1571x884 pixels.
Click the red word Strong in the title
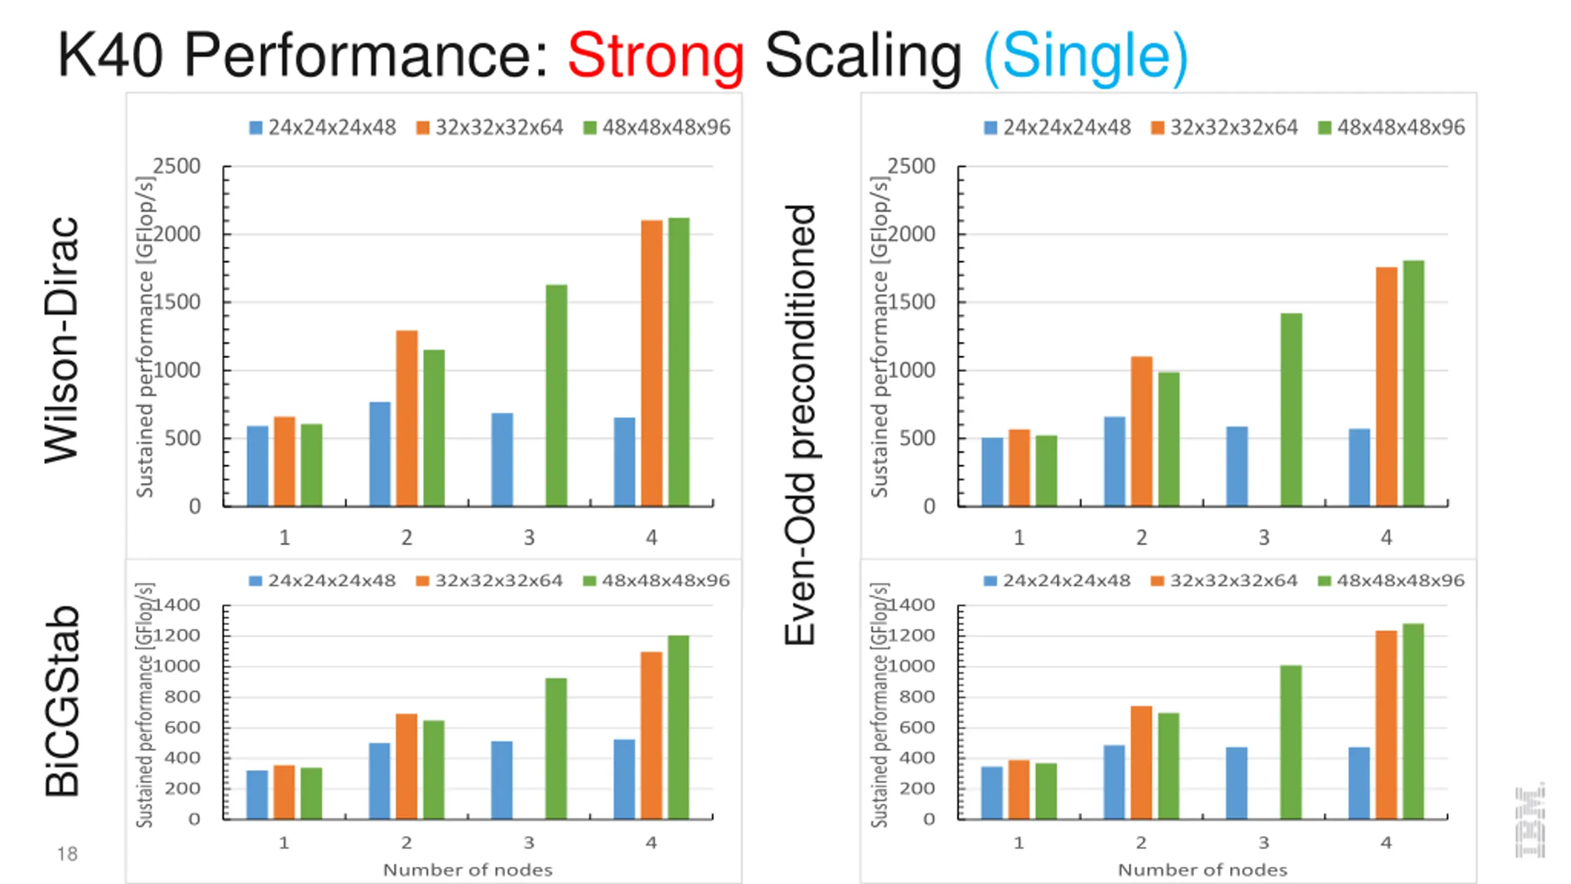coord(655,56)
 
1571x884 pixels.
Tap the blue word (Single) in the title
coord(1085,56)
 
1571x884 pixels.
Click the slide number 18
coord(67,854)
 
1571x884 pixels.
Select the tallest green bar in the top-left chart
coord(679,362)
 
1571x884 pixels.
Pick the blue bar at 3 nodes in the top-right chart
coord(1237,467)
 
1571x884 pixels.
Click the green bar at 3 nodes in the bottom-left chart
coord(556,748)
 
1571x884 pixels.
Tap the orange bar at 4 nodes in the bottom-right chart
coord(1386,724)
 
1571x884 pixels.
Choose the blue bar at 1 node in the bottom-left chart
coord(257,794)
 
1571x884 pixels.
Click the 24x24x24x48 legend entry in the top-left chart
coord(323,128)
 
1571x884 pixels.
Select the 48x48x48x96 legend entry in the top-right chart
coord(1392,128)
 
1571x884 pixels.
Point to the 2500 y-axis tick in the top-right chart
coord(911,166)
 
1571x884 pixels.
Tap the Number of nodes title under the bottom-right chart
coord(1202,870)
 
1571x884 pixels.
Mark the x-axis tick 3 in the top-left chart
coord(529,538)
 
